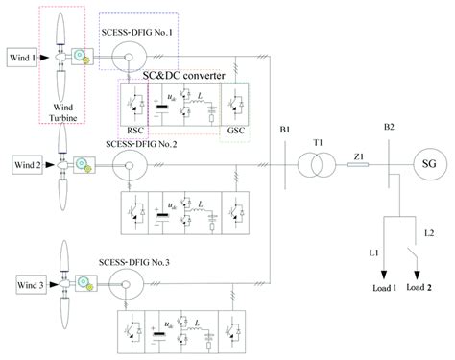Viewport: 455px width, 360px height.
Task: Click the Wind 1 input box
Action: pos(21,59)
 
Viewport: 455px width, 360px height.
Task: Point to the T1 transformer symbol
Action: pos(313,164)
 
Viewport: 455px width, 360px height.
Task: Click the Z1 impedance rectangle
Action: pos(357,164)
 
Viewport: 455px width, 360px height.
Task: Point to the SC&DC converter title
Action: pos(179,75)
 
